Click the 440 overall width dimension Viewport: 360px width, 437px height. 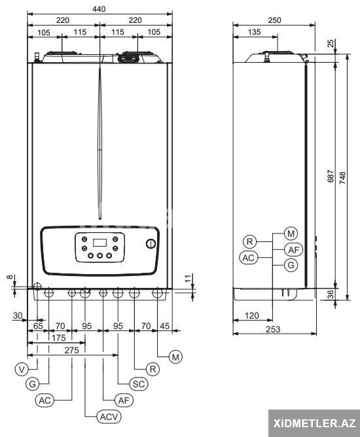(99, 9)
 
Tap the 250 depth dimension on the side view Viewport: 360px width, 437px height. (274, 20)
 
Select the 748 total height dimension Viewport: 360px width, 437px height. (342, 177)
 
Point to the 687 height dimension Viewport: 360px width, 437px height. (331, 176)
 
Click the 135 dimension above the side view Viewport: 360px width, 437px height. (254, 32)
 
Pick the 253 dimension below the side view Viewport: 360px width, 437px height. (273, 329)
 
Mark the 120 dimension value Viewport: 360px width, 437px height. (252, 315)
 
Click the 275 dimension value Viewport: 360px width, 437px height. (71, 350)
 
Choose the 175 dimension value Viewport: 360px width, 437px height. (58, 338)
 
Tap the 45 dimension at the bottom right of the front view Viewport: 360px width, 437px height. (164, 326)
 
